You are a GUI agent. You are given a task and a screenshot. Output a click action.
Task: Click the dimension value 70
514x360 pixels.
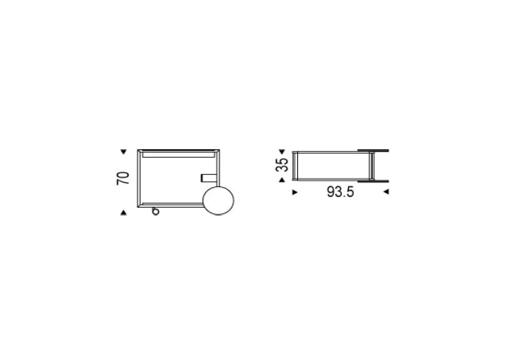coord(123,178)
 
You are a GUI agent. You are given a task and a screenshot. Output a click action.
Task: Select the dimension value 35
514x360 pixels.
coord(282,165)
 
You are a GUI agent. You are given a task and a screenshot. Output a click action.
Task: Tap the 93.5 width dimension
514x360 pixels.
coord(340,192)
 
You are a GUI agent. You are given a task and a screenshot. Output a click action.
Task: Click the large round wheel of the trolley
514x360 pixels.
coord(218,201)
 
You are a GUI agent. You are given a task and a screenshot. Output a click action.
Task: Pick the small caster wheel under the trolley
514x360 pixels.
coord(155,211)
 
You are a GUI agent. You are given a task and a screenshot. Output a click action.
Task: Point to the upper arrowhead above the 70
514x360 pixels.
coord(123,152)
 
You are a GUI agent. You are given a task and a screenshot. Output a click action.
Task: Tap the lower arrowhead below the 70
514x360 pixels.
coord(123,213)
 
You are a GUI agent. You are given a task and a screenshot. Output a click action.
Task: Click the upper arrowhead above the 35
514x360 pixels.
coord(282,152)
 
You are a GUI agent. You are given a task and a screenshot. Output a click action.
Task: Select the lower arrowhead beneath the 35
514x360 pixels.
coord(282,179)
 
